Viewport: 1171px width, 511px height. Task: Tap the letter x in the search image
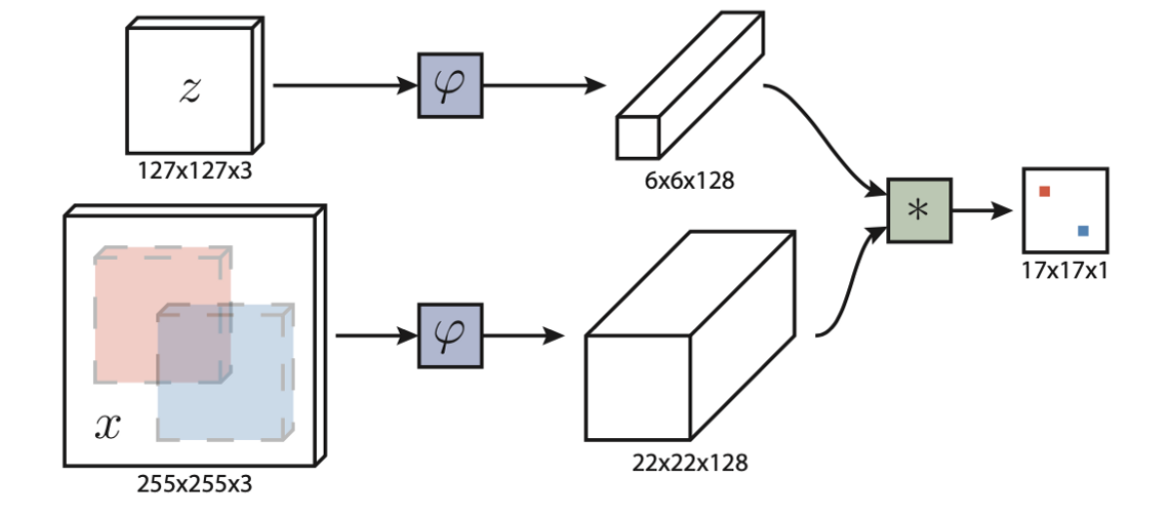click(107, 428)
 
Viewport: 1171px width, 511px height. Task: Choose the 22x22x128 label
click(689, 463)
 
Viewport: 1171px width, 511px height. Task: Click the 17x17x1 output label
click(1065, 270)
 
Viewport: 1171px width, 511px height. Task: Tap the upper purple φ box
click(450, 86)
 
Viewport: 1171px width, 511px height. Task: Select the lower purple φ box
click(450, 336)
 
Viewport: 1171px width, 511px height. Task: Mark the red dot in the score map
click(1043, 191)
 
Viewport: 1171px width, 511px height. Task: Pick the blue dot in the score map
click(1083, 231)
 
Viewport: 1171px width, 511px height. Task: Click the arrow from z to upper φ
click(344, 86)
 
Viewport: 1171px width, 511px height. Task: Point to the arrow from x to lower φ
click(376, 336)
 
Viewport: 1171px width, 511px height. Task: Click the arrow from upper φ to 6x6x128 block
click(546, 86)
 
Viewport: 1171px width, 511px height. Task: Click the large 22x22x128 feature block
click(689, 340)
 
